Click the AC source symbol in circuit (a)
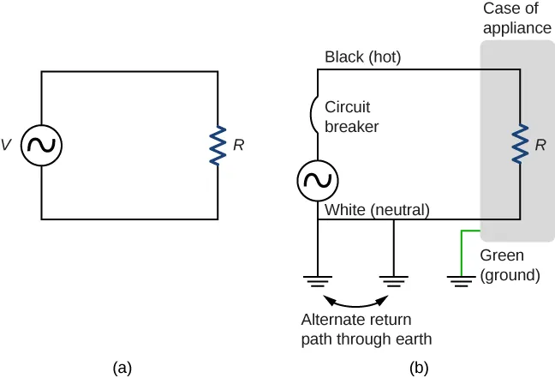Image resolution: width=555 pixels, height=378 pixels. [41, 146]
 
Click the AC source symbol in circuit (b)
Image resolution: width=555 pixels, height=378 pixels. [318, 181]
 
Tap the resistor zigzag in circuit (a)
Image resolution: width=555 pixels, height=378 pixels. [218, 145]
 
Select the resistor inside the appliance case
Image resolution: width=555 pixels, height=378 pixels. [519, 144]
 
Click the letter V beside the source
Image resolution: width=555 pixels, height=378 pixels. [7, 146]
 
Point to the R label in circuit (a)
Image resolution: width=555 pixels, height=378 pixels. [238, 146]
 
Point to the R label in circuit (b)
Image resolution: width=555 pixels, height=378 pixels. [540, 146]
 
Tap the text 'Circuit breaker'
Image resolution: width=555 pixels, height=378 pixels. [352, 117]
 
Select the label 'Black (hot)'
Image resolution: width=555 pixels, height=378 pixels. [363, 57]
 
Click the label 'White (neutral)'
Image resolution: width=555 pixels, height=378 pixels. [377, 209]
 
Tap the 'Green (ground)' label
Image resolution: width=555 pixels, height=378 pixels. [510, 266]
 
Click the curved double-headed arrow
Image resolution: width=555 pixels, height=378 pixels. [355, 302]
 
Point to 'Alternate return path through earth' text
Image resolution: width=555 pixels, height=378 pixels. [366, 330]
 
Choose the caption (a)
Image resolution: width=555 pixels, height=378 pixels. [122, 367]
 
